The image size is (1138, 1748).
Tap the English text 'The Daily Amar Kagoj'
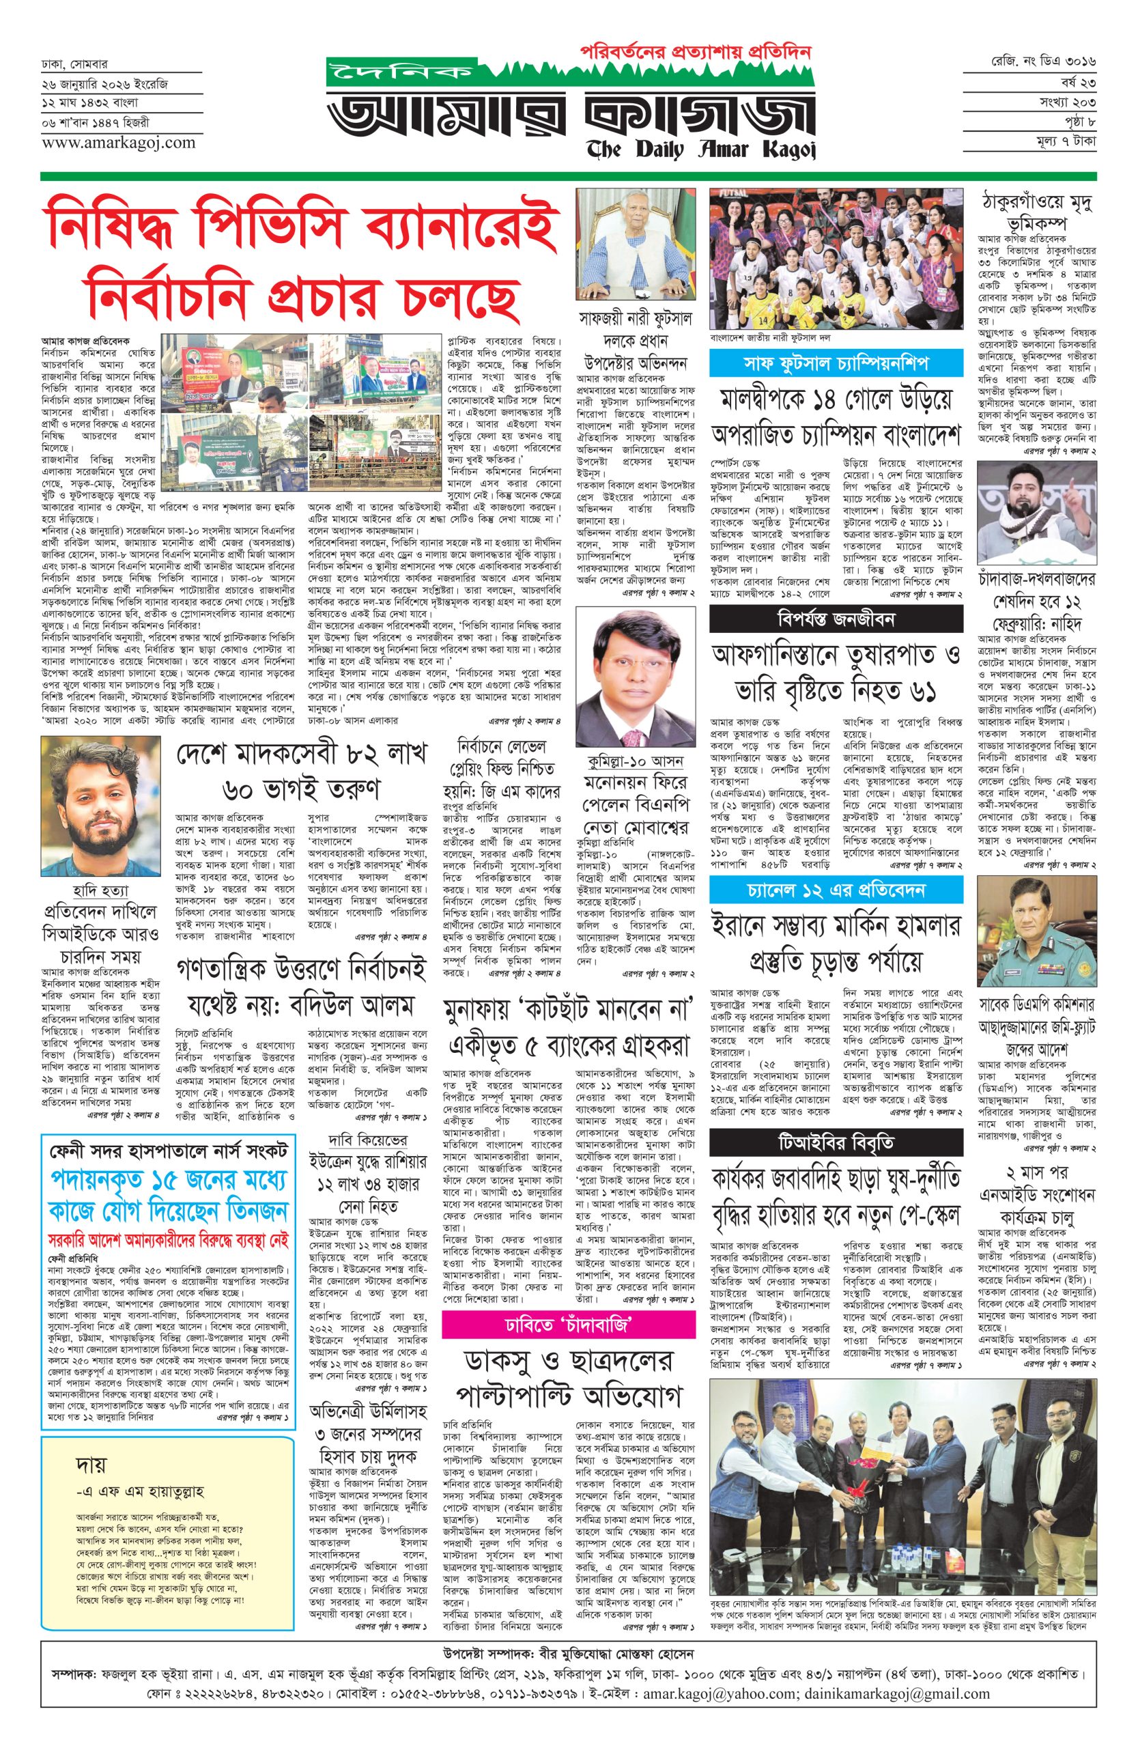700,149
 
